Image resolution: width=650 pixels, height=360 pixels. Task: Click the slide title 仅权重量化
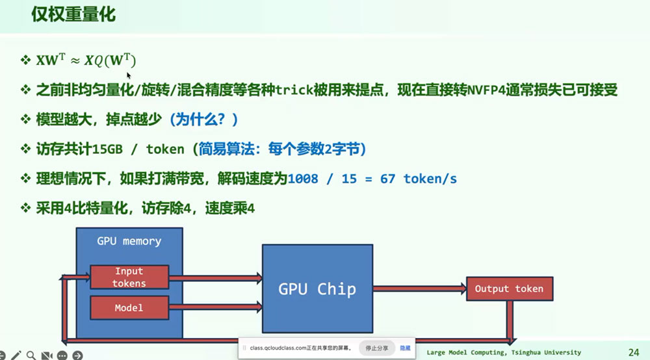tap(73, 14)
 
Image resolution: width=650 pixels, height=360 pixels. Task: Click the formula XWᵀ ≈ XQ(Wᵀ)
tap(86, 60)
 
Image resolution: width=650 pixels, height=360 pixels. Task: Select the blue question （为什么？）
tap(203, 120)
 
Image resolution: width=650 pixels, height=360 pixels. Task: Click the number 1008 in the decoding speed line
tap(303, 179)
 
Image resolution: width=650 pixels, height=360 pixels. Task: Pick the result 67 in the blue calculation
tap(387, 179)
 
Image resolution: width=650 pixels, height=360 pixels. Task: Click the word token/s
tap(430, 179)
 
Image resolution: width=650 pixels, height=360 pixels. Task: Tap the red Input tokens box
tap(129, 277)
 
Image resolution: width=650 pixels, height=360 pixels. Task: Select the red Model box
tap(129, 307)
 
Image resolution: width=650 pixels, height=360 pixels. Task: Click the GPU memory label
tap(129, 241)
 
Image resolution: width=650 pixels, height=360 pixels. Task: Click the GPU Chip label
tap(317, 289)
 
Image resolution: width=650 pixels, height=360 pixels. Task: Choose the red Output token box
tap(510, 289)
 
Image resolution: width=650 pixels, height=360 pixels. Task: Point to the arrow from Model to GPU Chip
tap(216, 307)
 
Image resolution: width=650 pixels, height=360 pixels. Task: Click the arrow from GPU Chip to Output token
tap(419, 289)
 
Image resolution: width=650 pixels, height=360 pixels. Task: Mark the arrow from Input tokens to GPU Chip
tap(216, 277)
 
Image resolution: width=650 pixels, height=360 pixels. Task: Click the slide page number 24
tap(634, 353)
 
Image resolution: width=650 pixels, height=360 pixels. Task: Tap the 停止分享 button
tap(376, 348)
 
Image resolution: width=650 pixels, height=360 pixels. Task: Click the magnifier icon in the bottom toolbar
tap(31, 355)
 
